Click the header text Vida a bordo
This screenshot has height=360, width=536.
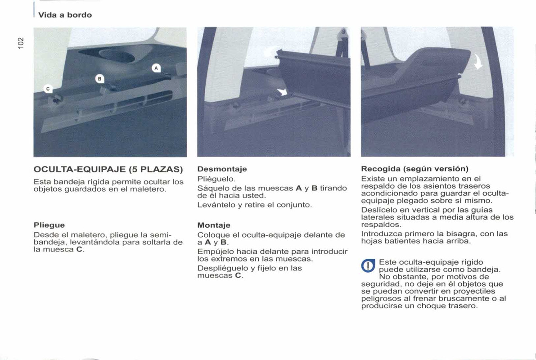pos(65,15)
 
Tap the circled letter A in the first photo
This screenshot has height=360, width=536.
pos(156,68)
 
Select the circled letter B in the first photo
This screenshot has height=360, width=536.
pos(100,79)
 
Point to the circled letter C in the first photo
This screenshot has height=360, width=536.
pos(48,89)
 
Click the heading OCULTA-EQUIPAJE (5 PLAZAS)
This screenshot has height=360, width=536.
pos(108,170)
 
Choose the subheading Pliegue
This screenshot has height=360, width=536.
pos(49,225)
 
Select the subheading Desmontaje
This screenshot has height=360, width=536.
pos(222,169)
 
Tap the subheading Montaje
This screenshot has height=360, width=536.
pos(214,225)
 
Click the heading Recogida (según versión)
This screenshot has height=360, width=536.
pos(414,169)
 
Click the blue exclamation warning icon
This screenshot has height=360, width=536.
pos(368,266)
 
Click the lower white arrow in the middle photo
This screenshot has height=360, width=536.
pos(283,92)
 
